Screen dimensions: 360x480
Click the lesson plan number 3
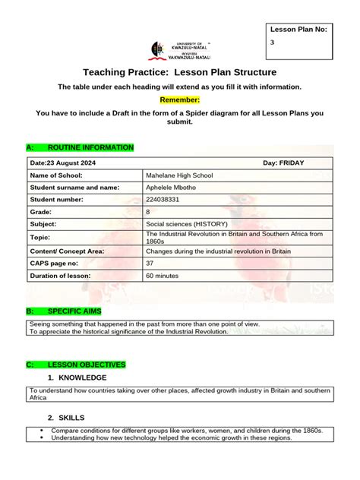click(x=273, y=43)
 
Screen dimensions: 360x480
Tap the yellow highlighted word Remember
click(x=179, y=99)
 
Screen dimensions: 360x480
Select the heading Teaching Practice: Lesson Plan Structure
click(x=179, y=72)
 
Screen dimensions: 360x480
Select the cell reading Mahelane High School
click(x=179, y=175)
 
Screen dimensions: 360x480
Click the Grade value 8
click(x=147, y=213)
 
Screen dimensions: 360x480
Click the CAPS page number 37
click(x=150, y=263)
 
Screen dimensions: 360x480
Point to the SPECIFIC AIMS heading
click(x=74, y=312)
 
